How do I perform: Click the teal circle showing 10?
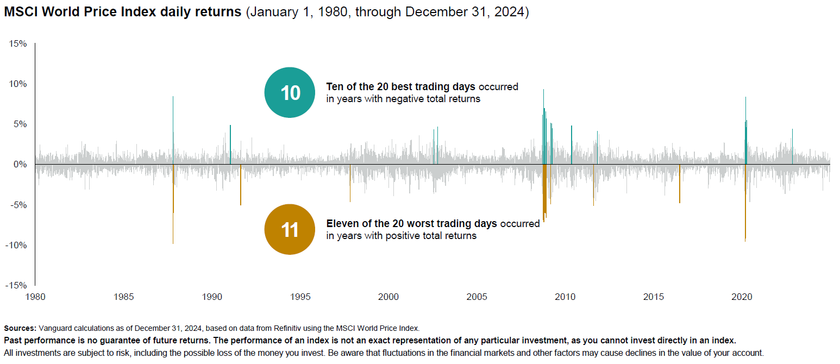pos(290,92)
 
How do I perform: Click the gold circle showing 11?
pos(290,229)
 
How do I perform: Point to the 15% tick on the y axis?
pos(18,43)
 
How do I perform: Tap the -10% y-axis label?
pos(16,245)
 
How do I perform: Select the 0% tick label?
pos(20,164)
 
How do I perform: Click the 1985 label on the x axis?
pos(123,297)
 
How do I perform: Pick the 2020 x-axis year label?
pos(742,297)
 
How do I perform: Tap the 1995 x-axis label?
pos(300,297)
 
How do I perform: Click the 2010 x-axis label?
pos(565,297)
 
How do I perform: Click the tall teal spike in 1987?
pos(173,125)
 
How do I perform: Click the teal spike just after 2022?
pos(792,144)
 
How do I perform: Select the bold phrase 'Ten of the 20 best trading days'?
pos(400,86)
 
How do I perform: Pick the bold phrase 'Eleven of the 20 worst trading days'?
pos(411,223)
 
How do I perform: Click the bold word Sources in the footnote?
pos(20,328)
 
